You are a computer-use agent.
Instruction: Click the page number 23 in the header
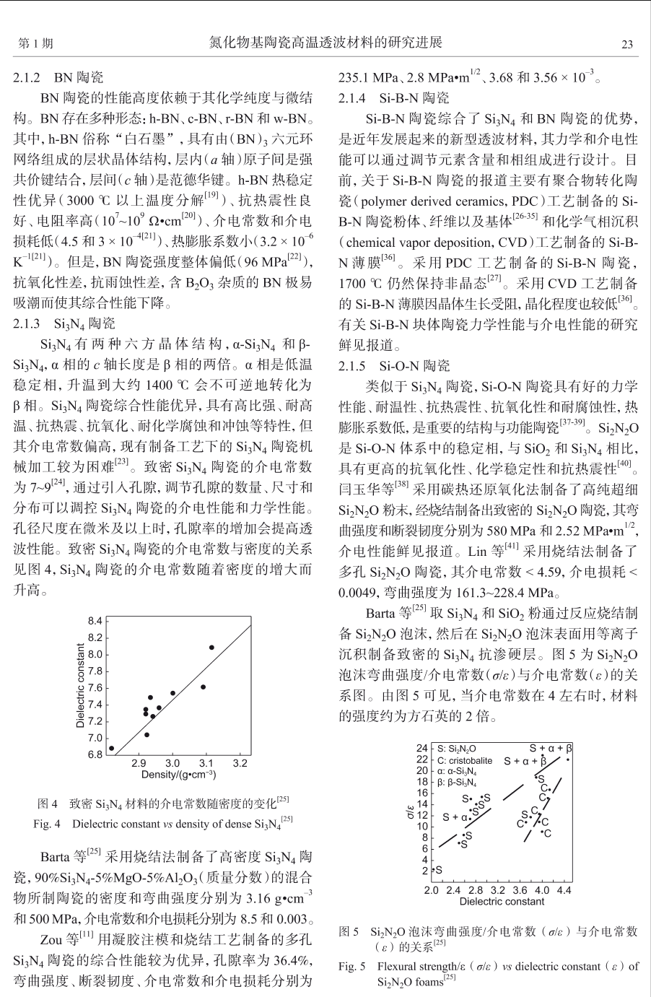[x=627, y=44]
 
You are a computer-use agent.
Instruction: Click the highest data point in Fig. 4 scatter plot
[x=211, y=647]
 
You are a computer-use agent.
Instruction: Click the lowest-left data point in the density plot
[x=111, y=749]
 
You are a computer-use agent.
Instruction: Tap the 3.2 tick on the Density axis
[x=240, y=763]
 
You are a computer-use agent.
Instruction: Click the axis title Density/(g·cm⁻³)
[x=179, y=775]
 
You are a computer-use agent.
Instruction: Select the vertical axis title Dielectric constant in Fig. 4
[x=80, y=685]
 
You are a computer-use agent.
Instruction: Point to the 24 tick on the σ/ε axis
[x=422, y=748]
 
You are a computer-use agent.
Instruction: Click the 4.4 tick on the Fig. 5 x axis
[x=564, y=891]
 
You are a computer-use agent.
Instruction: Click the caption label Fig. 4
[x=47, y=823]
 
